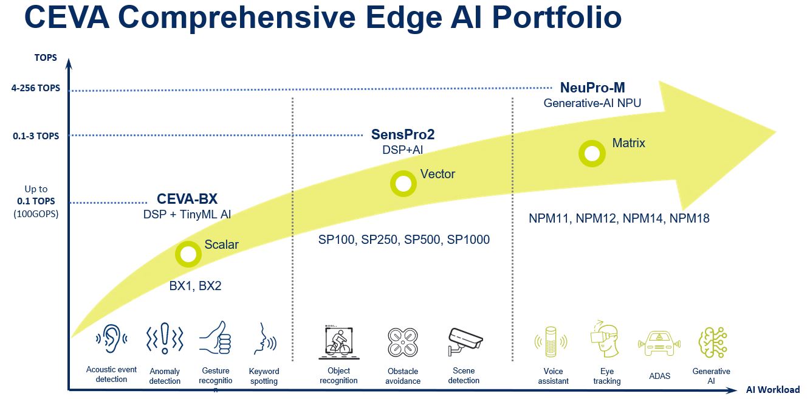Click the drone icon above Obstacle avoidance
click(x=403, y=342)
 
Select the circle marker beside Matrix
click(x=592, y=153)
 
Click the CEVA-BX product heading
click(x=187, y=199)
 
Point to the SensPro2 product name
click(x=403, y=134)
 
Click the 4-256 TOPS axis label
click(x=35, y=88)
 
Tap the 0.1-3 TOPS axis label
click(x=36, y=136)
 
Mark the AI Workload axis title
click(x=772, y=390)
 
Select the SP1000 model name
click(x=468, y=240)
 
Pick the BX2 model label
click(x=210, y=286)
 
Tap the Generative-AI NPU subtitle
click(x=592, y=103)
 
